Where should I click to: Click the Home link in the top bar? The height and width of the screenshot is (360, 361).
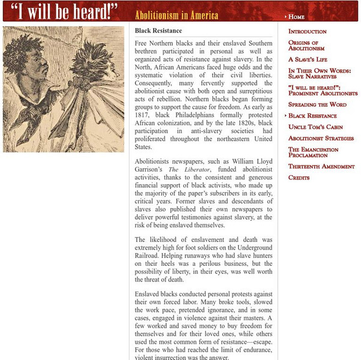(x=296, y=17)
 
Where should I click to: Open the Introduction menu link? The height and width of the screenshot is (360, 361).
(x=307, y=31)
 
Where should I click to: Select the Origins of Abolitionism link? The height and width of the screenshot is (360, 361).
(x=306, y=46)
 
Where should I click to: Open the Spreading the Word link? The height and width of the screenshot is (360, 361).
(x=317, y=104)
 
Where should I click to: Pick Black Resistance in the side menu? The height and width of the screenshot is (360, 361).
(x=312, y=116)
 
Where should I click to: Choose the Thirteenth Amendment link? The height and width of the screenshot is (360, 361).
(x=321, y=166)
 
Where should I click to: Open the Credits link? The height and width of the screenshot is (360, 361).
(x=299, y=178)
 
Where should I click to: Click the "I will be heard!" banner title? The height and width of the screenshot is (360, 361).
(x=65, y=12)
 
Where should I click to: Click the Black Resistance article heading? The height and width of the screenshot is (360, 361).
(x=158, y=31)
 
